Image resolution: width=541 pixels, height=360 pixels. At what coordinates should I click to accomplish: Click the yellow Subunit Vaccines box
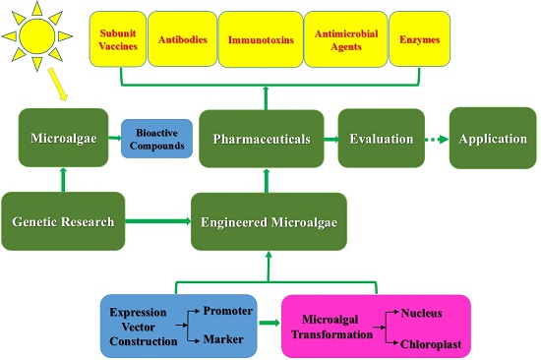point(118,39)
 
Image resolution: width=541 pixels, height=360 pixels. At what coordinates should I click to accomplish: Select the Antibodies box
point(183,39)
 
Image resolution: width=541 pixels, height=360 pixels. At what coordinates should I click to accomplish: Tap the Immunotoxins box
point(261,39)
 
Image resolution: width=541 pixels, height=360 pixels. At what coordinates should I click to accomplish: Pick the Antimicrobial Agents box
point(345,39)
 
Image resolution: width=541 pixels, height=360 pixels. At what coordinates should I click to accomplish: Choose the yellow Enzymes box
point(420,39)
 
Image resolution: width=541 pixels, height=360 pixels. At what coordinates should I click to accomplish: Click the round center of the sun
point(37,35)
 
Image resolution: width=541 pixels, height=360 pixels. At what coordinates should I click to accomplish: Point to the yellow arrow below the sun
point(57,84)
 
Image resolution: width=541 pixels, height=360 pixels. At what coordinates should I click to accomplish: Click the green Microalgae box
point(64,138)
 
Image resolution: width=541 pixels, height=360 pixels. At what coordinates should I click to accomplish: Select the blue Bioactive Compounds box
point(156,139)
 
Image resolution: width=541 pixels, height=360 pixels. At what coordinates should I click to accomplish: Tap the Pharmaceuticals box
point(262,139)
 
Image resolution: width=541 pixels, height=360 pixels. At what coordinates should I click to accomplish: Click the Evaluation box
point(382,139)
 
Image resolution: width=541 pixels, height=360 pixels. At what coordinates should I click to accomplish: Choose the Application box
point(493,138)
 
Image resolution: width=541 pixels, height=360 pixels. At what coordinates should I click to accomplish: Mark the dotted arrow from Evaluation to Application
point(437,139)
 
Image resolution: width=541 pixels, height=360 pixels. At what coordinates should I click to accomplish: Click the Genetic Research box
point(63,221)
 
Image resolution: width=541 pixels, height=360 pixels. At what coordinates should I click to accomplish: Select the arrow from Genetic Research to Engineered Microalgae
point(158,221)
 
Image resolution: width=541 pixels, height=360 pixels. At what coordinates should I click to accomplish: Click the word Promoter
point(228,311)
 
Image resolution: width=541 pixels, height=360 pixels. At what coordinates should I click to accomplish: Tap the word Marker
point(223,339)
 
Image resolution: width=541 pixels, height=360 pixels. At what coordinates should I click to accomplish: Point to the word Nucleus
point(421,313)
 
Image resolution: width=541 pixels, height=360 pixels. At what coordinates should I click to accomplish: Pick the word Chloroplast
point(431,344)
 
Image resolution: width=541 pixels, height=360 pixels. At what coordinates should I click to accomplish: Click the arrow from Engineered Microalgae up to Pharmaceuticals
point(267,181)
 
